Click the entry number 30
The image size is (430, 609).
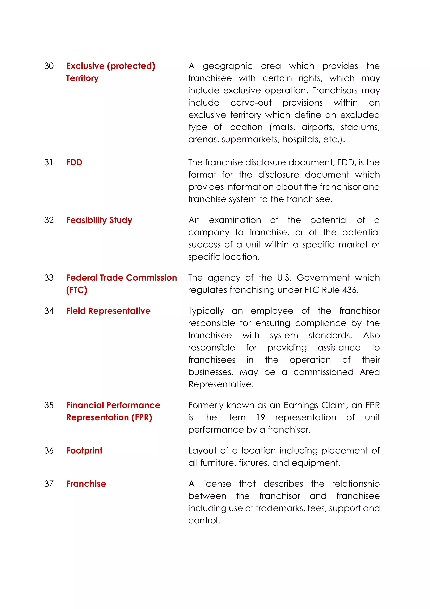(x=49, y=66)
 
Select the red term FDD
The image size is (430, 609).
(x=74, y=162)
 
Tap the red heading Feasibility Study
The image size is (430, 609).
(x=99, y=220)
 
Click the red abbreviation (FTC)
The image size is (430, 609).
(x=77, y=290)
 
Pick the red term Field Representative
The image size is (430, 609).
(x=108, y=311)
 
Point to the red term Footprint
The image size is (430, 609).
(x=84, y=451)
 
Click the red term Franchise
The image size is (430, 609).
(x=86, y=484)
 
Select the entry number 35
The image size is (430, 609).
(x=49, y=405)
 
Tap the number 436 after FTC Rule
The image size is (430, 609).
(x=350, y=290)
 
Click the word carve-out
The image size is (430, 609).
(x=251, y=103)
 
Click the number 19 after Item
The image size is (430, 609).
(x=260, y=417)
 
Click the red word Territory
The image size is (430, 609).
(x=82, y=78)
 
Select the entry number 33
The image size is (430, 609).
(x=49, y=278)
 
